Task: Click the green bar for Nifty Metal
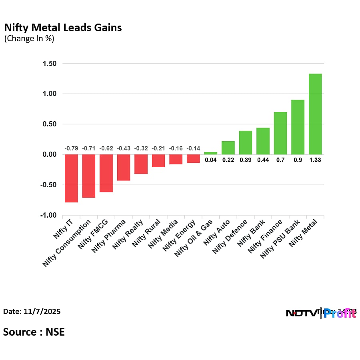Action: (x=315, y=114)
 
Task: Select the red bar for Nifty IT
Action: (x=71, y=178)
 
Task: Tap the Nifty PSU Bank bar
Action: (x=298, y=127)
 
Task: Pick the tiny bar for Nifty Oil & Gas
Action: (x=211, y=153)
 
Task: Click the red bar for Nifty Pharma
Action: (x=124, y=168)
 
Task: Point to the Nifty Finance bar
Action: (x=280, y=133)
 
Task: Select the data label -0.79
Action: (x=71, y=148)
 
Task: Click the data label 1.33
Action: (x=315, y=160)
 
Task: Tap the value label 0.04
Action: (x=211, y=160)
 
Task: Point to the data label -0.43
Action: (x=124, y=148)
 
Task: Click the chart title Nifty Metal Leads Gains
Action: (x=63, y=28)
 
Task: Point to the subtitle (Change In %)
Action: (x=29, y=39)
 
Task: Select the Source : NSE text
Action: (x=34, y=332)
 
